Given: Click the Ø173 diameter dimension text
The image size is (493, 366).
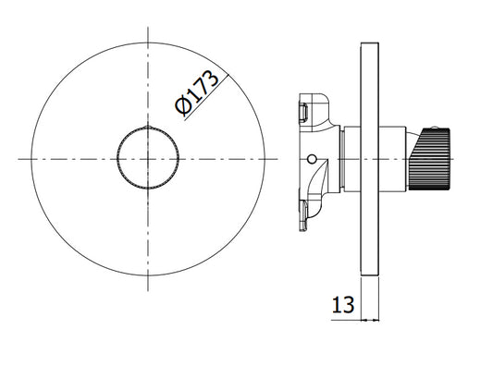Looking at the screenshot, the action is tap(196, 92).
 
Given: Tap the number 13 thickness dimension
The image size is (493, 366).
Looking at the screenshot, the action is tap(343, 305).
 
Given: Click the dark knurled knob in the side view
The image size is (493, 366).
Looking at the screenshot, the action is tap(429, 159).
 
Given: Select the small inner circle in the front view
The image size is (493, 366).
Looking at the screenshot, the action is tap(148, 158).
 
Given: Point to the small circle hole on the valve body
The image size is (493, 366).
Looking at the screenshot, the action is tap(312, 159).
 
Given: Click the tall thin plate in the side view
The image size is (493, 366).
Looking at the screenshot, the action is tap(370, 159).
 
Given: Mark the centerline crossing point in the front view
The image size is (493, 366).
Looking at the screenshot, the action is tap(148, 159).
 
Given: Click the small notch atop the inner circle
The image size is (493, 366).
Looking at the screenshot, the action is tap(148, 127).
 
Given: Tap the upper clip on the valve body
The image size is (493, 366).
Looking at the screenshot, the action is tap(303, 113).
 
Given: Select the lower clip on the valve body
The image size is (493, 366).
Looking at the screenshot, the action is tap(303, 216).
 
